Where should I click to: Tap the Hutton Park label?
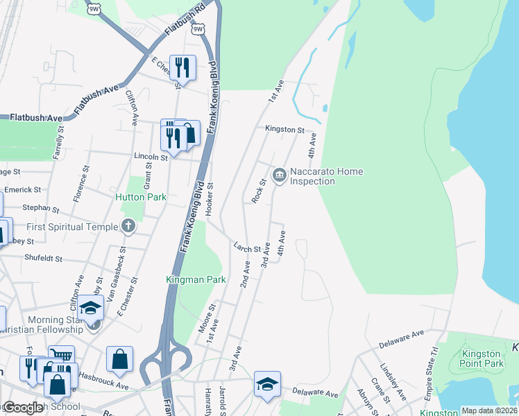(x=141, y=197)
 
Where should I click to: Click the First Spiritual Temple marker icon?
(x=128, y=225)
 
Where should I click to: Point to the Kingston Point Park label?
(x=482, y=358)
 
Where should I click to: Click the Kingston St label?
(x=284, y=130)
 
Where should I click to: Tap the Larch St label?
(x=247, y=247)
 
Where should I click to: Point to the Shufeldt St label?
(x=44, y=258)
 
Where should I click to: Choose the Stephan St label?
(x=41, y=207)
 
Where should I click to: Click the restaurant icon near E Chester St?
(x=182, y=67)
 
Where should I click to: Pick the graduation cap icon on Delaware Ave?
(x=266, y=384)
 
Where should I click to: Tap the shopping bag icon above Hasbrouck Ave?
(x=119, y=359)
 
